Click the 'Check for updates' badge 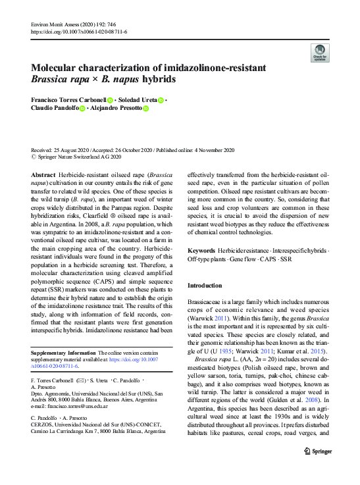(x=319, y=53)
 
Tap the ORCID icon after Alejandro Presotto (x=146, y=109)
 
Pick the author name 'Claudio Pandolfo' (x=55, y=109)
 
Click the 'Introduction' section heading (x=205, y=286)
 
